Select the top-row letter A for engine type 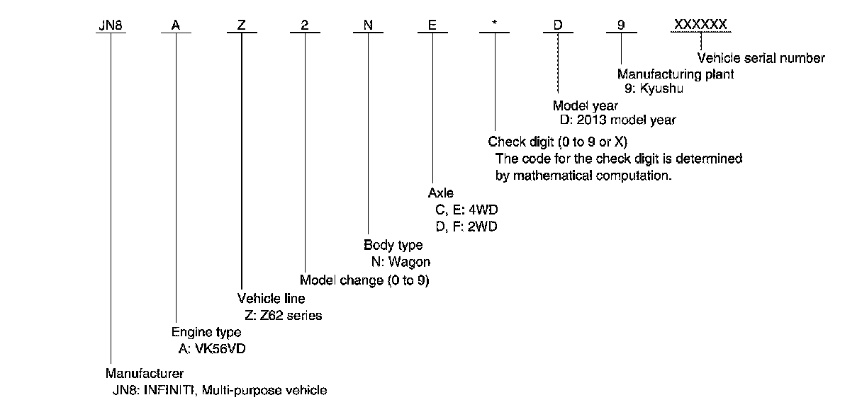175,25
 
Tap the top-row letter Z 242,25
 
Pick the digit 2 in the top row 305,25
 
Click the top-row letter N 368,25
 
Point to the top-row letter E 432,25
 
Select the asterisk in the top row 495,24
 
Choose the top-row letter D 558,25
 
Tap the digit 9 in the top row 621,25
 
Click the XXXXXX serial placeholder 700,25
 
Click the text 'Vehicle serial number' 761,59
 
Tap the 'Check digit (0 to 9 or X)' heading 558,142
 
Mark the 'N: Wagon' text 401,262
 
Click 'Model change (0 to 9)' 364,280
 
